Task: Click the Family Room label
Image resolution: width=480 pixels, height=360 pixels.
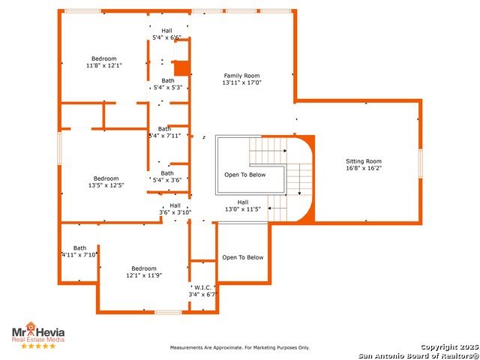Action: [241, 76]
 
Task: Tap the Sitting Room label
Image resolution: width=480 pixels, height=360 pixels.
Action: [364, 161]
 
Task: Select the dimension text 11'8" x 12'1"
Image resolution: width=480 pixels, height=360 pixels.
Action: [104, 65]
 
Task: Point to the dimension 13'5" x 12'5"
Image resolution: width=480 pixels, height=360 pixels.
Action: [106, 185]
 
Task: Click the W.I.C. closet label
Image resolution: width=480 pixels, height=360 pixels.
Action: [202, 287]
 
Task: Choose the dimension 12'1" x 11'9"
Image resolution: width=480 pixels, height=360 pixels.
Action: [144, 275]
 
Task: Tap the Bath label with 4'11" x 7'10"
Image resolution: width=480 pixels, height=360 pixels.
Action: [79, 248]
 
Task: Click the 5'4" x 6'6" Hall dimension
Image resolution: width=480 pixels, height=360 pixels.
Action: [166, 37]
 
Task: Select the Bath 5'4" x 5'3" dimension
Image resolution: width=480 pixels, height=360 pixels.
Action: [168, 88]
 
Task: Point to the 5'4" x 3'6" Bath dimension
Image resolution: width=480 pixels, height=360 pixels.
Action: [167, 180]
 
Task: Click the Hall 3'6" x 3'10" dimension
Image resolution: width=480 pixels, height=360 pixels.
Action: [175, 212]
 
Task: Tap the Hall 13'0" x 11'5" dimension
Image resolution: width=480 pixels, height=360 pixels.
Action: [243, 209]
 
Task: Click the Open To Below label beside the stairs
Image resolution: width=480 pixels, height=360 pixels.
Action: [245, 175]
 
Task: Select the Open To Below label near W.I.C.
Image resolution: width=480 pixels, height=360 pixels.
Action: [243, 257]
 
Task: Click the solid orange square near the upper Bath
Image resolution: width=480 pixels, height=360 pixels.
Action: [181, 68]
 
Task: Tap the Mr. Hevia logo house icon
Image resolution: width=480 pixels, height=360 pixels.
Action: [31, 327]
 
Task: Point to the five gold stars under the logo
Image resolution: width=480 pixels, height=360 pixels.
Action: [38, 346]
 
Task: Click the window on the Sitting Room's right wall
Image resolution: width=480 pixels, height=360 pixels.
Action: [421, 163]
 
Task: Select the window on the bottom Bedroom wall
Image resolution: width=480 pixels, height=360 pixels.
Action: [168, 312]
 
